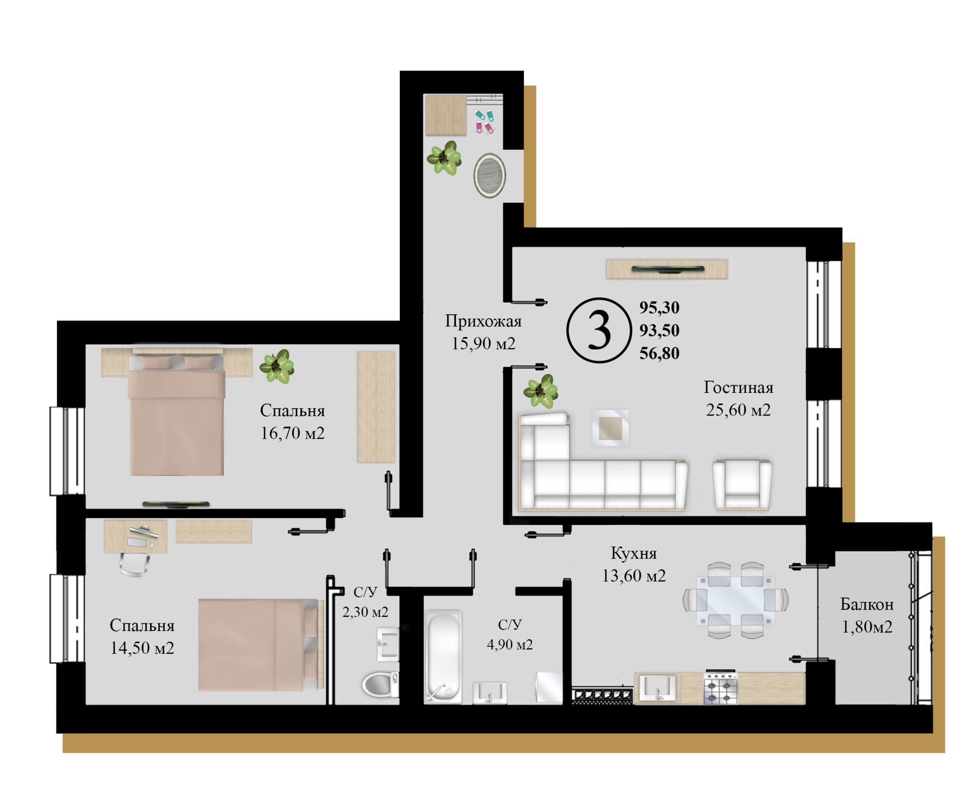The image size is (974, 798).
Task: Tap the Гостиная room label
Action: tap(738, 388)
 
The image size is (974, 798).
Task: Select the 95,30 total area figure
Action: tap(659, 308)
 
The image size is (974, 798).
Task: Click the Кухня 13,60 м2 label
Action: tap(634, 564)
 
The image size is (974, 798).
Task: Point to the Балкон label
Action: tap(867, 605)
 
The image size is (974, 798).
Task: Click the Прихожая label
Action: tap(483, 321)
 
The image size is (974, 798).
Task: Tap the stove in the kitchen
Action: tap(720, 688)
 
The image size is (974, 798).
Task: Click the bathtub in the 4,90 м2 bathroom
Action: tap(443, 657)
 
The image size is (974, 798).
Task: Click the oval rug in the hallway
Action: tap(490, 176)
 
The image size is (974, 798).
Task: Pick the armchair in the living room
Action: tap(742, 485)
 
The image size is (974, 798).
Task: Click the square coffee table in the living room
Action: tap(611, 428)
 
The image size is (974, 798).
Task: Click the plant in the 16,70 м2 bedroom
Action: tap(277, 366)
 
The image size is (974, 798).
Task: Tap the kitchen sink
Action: tap(657, 688)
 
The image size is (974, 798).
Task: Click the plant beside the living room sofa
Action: tap(541, 391)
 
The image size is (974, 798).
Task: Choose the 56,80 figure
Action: tap(659, 353)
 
